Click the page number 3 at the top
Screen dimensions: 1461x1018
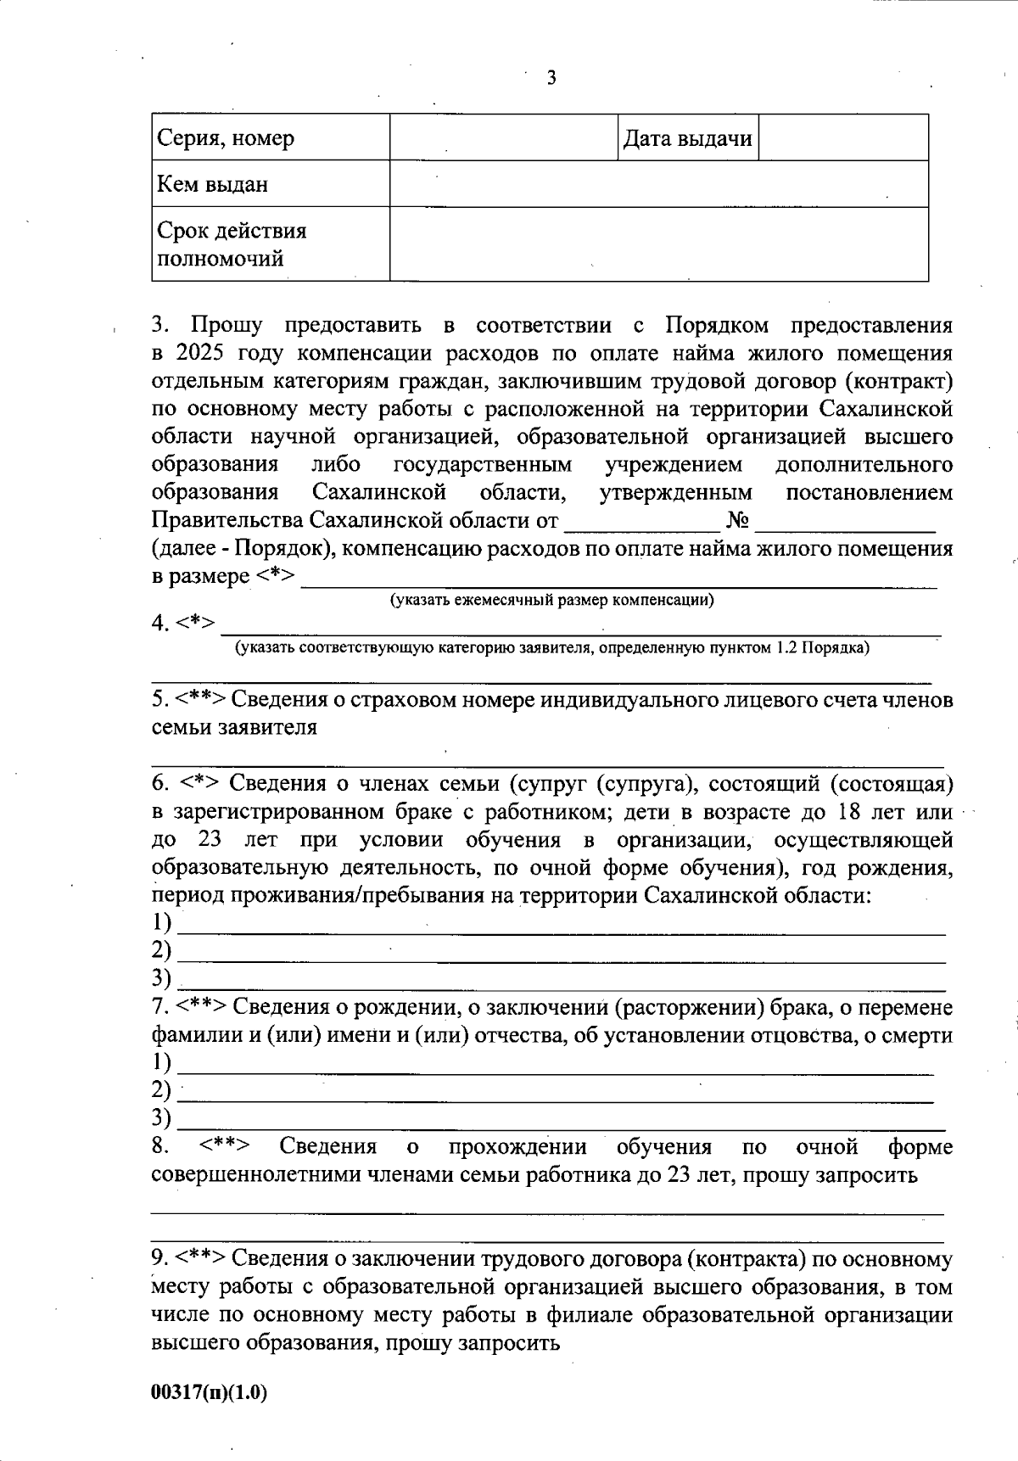551,79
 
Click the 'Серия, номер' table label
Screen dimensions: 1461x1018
227,138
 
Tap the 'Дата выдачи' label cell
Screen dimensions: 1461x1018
687,138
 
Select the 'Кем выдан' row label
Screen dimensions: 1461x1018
213,184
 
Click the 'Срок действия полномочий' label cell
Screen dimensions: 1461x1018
232,244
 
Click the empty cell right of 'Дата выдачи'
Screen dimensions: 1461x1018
842,138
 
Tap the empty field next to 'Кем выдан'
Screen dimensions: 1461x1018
658,184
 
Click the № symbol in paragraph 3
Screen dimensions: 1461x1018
736,520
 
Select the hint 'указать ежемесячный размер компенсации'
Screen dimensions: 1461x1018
551,601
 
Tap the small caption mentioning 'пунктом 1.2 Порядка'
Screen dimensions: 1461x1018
551,648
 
